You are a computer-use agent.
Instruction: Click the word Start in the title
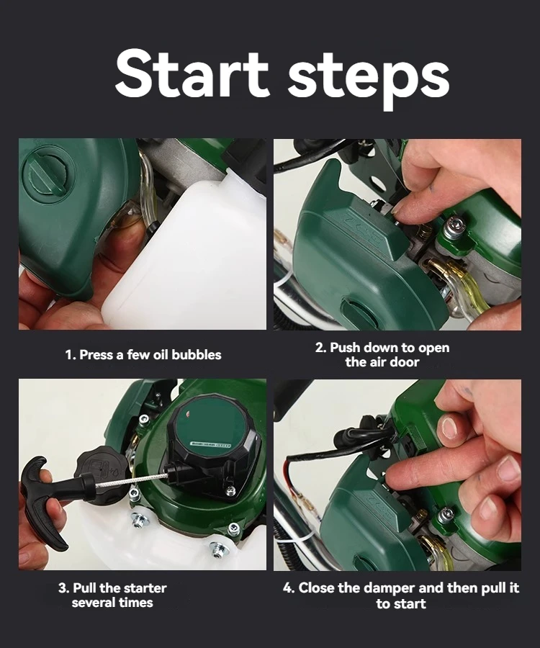pyautogui.click(x=192, y=74)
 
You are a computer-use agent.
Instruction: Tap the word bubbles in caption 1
pyautogui.click(x=197, y=354)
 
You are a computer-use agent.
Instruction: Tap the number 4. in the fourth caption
pyautogui.click(x=289, y=588)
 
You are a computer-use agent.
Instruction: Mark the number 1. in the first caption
pyautogui.click(x=71, y=355)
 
